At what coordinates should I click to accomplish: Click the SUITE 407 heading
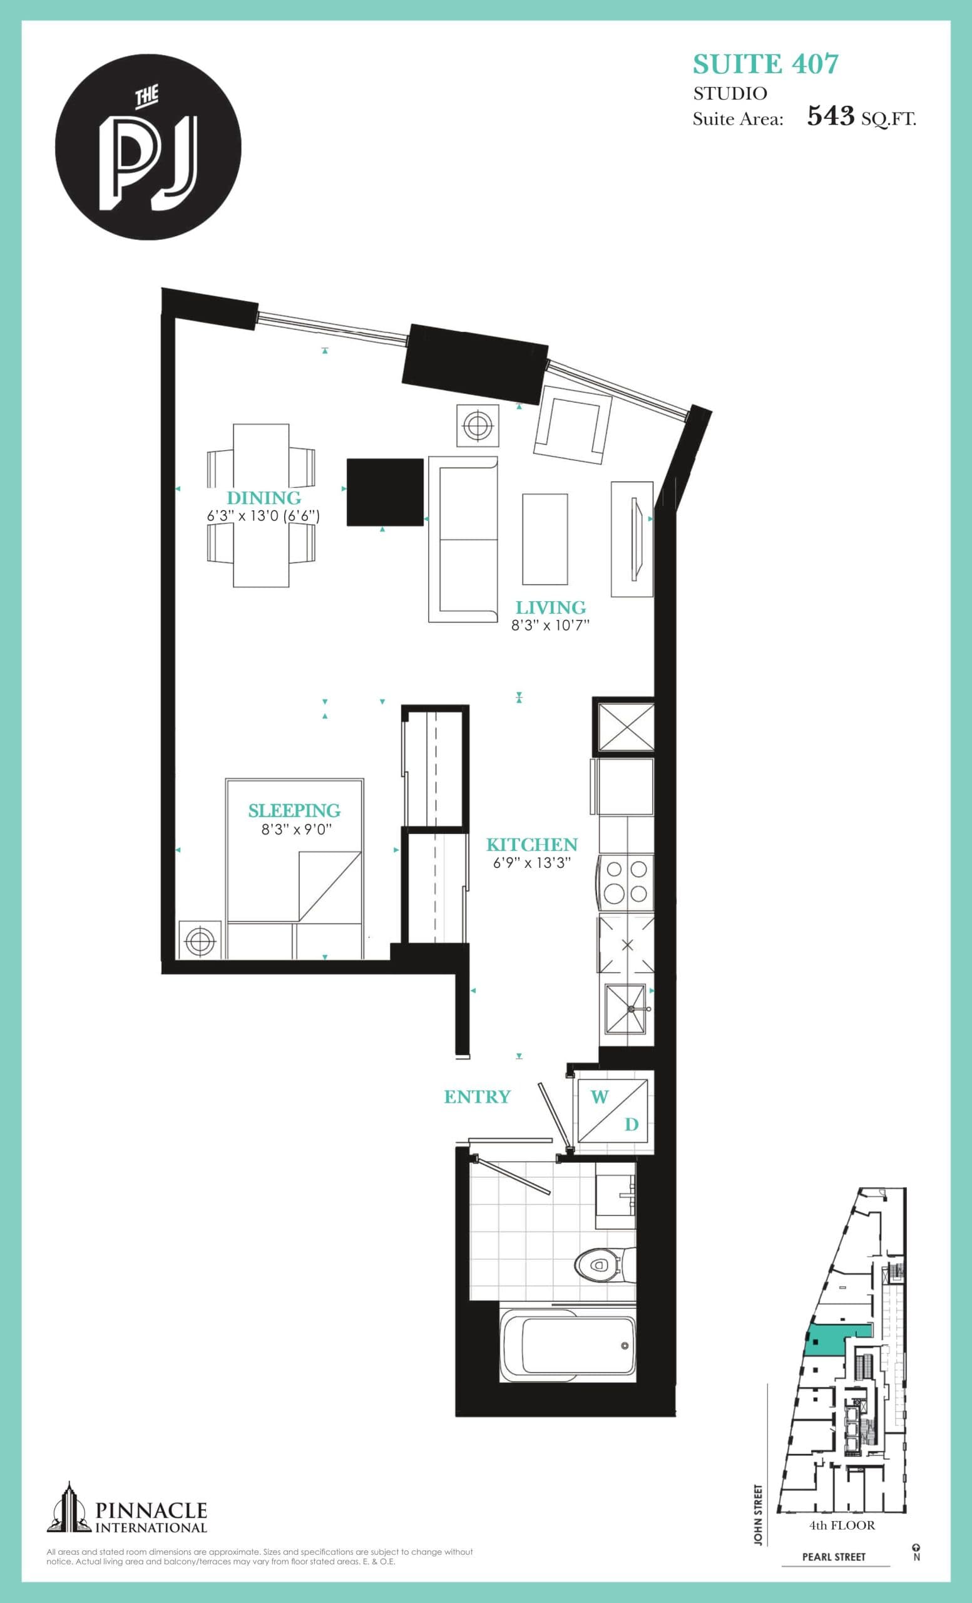(x=765, y=64)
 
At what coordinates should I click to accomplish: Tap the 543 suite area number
(x=831, y=116)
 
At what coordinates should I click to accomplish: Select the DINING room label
(x=263, y=498)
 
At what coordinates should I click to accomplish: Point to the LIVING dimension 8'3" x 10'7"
(x=550, y=625)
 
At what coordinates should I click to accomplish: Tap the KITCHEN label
(x=532, y=845)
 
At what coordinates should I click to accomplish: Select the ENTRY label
(x=476, y=1096)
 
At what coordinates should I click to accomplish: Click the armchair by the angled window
(x=572, y=423)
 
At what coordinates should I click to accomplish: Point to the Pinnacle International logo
(x=127, y=1509)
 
